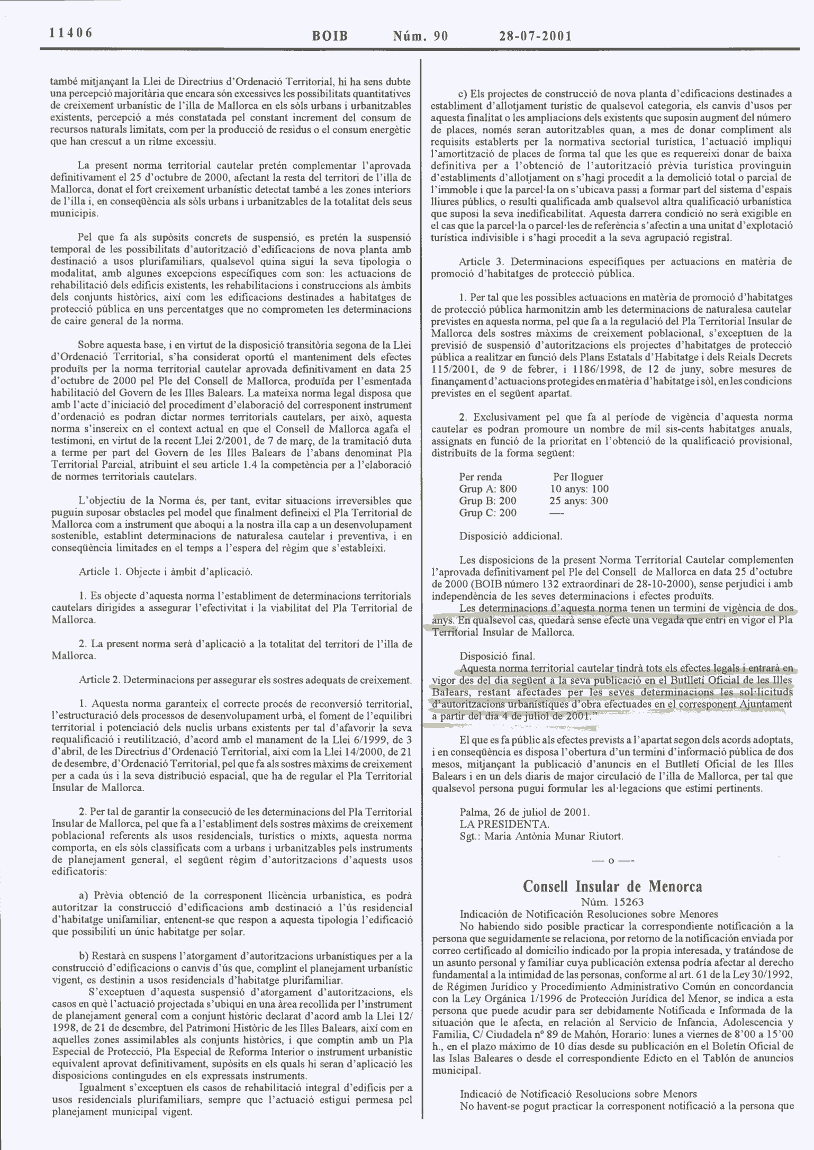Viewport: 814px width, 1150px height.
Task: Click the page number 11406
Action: (x=70, y=33)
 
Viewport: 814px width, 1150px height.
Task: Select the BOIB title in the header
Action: (x=330, y=36)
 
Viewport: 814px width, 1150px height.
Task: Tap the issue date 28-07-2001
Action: (x=535, y=36)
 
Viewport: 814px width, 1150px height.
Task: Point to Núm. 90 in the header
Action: (x=420, y=36)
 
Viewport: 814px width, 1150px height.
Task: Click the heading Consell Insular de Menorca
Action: (x=612, y=886)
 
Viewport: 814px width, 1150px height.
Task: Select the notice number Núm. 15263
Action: (x=612, y=901)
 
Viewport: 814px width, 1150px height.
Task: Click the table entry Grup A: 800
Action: (x=488, y=488)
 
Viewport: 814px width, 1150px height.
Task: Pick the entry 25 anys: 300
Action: (x=578, y=501)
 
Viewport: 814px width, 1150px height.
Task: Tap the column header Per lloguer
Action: (x=578, y=476)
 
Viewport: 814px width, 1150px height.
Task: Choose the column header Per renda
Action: (x=481, y=476)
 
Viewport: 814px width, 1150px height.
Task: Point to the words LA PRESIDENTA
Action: (x=504, y=824)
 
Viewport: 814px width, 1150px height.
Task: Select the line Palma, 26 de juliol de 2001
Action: (x=524, y=812)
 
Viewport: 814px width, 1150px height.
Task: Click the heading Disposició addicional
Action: (x=511, y=536)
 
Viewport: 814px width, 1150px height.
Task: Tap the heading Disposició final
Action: (x=497, y=656)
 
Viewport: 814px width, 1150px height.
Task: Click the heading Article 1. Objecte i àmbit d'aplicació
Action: (x=166, y=572)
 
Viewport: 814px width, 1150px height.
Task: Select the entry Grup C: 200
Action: (x=488, y=512)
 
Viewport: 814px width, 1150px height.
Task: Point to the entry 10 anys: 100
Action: (x=580, y=488)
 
